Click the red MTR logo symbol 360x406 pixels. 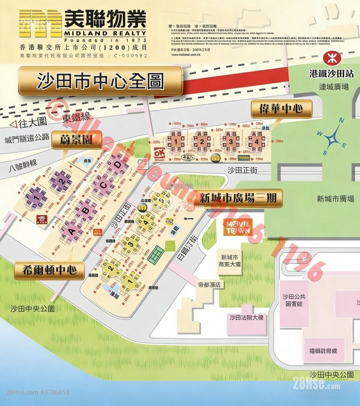coord(330,58)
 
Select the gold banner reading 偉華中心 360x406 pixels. coord(281,109)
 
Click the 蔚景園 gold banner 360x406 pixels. coord(77,140)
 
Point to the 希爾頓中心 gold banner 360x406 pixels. coord(50,270)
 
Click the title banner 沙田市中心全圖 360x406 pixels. coord(100,81)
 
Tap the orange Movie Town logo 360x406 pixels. coord(238,227)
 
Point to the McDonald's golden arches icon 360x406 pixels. coord(98,233)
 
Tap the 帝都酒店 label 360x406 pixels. coord(209,285)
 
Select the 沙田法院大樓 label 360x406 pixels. coord(246,317)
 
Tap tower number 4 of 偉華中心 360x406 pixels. coord(256,141)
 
